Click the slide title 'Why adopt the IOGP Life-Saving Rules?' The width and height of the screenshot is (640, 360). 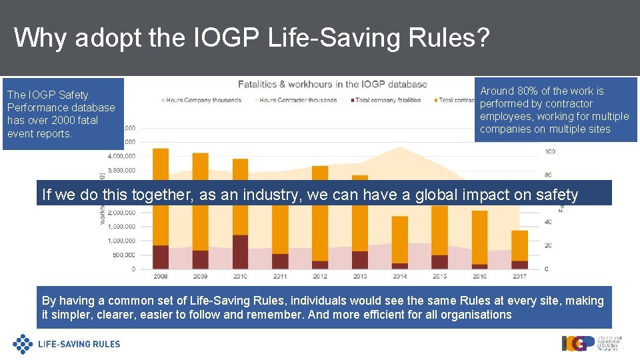coord(251,38)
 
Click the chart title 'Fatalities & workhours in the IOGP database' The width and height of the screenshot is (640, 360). coord(333,84)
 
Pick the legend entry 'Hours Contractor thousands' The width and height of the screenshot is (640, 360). coord(297,100)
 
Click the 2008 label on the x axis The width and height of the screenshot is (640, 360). coord(161,276)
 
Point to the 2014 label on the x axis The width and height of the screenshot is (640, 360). coord(400,276)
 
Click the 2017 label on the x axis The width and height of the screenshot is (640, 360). coord(519,276)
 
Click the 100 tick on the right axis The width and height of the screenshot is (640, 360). coord(550,152)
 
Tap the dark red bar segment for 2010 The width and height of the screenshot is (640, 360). coord(240,251)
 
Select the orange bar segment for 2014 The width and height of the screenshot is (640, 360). coord(400,239)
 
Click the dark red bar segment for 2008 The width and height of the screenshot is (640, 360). coord(161,257)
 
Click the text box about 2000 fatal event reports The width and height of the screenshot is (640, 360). coord(63,114)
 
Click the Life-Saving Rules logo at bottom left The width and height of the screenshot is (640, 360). coord(67,344)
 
